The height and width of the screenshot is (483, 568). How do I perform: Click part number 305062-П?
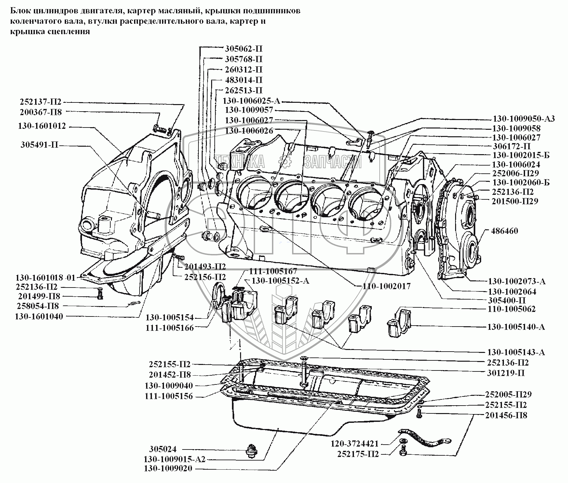(243, 49)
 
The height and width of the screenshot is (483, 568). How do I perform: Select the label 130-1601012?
(42, 126)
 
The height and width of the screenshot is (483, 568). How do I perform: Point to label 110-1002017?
(386, 286)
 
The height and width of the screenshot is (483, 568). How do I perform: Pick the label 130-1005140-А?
(516, 327)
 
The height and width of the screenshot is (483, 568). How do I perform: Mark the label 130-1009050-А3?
(524, 118)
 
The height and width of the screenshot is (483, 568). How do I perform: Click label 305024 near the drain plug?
(163, 449)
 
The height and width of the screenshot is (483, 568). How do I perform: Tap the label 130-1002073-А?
(517, 281)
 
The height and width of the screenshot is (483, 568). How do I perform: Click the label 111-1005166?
(169, 328)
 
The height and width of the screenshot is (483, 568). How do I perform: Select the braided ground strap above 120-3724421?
(423, 437)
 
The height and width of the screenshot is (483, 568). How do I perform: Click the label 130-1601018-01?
(45, 278)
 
